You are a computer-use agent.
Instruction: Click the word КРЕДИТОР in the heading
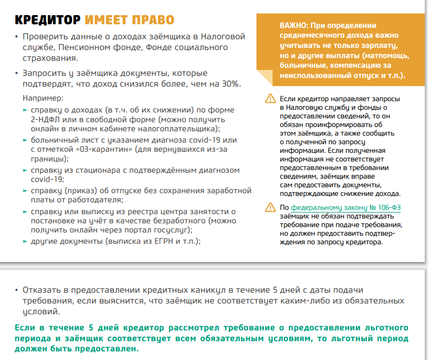47,20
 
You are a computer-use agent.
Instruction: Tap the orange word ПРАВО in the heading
152,20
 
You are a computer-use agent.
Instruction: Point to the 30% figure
230,84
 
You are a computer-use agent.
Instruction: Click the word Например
43,99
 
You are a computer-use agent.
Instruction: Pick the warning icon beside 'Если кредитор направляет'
269,99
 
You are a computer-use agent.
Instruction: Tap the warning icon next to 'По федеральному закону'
269,208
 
